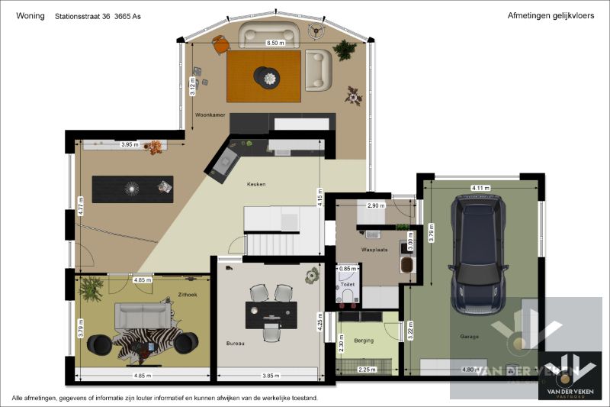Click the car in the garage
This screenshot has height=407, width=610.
coord(479,254)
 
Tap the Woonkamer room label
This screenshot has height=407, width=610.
coord(210,114)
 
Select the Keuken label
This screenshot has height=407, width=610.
coord(255,184)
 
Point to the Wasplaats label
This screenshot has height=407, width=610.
coord(374,250)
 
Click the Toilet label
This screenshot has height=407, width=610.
coord(347,283)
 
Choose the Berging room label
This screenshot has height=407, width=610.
coord(364,340)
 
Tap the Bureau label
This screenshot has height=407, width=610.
coord(235,344)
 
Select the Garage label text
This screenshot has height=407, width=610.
coord(469,337)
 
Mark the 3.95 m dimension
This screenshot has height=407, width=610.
coord(130,144)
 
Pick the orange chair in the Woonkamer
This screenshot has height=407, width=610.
coord(220,46)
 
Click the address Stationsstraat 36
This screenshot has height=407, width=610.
coord(82,15)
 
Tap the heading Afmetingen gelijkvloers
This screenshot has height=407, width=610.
coord(544,15)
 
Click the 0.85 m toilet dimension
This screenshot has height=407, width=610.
coord(347,269)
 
